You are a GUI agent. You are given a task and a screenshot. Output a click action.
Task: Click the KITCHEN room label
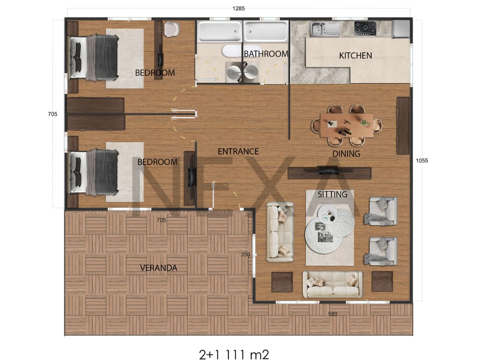pyautogui.click(x=355, y=56)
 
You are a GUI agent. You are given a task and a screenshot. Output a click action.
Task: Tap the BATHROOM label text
pyautogui.click(x=266, y=54)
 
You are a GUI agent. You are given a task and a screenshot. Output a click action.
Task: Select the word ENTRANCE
pyautogui.click(x=238, y=151)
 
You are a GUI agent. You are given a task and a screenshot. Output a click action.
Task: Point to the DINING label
pyautogui.click(x=346, y=154)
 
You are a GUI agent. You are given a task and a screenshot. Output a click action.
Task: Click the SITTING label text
pyautogui.click(x=332, y=194)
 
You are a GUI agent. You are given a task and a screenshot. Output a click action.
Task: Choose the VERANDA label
pyautogui.click(x=158, y=268)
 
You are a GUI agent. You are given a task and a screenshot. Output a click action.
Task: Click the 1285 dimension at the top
pyautogui.click(x=238, y=8)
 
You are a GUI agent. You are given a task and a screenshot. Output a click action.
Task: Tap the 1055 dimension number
pyautogui.click(x=422, y=161)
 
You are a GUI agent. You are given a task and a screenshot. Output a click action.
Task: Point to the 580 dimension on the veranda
pyautogui.click(x=333, y=314)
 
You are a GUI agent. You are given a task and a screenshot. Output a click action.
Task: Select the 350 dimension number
pyautogui.click(x=245, y=254)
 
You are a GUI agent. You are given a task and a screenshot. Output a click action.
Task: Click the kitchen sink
pyautogui.click(x=324, y=29)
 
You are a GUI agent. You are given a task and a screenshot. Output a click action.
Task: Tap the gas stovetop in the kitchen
pyautogui.click(x=366, y=28)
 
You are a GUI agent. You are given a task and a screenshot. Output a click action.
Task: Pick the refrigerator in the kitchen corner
pyautogui.click(x=401, y=29)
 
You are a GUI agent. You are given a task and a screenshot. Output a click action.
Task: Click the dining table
pyautogui.click(x=347, y=126)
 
